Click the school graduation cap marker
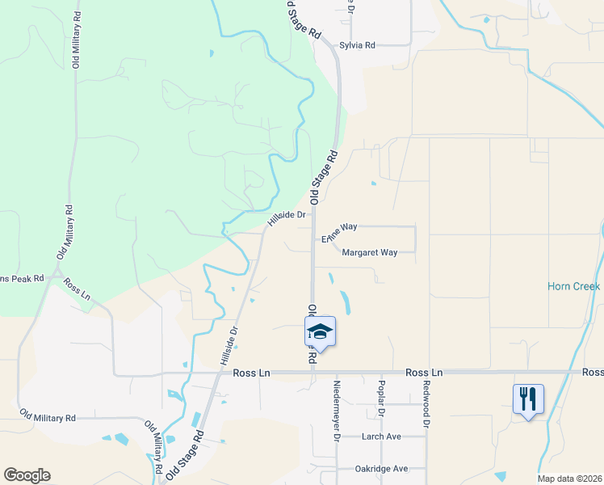click(x=320, y=331)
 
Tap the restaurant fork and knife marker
click(x=528, y=399)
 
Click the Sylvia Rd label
click(x=357, y=45)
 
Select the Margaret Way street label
click(x=370, y=252)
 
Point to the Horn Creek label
click(x=573, y=287)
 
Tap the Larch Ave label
click(x=381, y=436)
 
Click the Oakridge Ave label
click(x=382, y=469)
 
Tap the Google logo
click(x=27, y=475)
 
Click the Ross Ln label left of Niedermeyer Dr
click(x=250, y=373)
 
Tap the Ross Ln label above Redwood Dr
click(x=425, y=373)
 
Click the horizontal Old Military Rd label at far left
click(x=48, y=418)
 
